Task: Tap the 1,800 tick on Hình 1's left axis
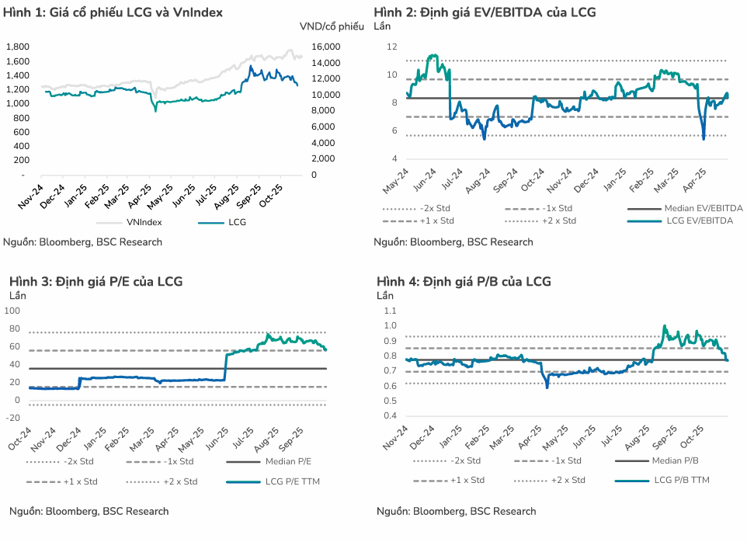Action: pos(18,47)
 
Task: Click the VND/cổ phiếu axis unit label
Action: pos(332,26)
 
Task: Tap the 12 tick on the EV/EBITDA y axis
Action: pos(391,47)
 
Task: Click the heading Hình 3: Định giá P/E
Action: pos(96,281)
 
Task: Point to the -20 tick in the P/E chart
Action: pos(13,419)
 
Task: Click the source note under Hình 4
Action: pos(456,511)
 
